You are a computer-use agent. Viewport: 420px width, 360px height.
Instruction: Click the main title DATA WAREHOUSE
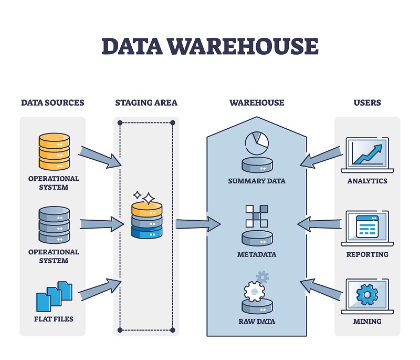click(x=210, y=46)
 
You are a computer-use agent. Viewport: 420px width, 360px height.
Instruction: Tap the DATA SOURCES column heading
click(x=52, y=102)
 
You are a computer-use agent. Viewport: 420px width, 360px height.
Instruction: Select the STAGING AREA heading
click(x=146, y=102)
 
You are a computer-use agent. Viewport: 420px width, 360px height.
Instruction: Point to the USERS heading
click(x=367, y=102)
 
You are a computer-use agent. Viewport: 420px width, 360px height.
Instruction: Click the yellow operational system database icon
click(x=54, y=152)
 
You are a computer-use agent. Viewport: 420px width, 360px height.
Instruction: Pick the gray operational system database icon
click(x=54, y=225)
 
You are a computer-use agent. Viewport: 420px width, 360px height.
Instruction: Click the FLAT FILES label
click(x=52, y=319)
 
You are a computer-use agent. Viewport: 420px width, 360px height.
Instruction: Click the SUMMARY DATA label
click(x=257, y=181)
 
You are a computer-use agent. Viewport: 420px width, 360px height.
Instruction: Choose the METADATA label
click(x=257, y=254)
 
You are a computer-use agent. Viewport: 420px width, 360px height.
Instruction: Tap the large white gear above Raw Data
click(x=255, y=291)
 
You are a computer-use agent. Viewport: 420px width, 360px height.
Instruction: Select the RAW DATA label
click(x=257, y=321)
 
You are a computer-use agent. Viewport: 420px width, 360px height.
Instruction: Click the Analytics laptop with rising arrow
click(x=367, y=153)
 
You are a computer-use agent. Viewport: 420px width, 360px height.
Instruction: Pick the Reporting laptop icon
click(x=367, y=227)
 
